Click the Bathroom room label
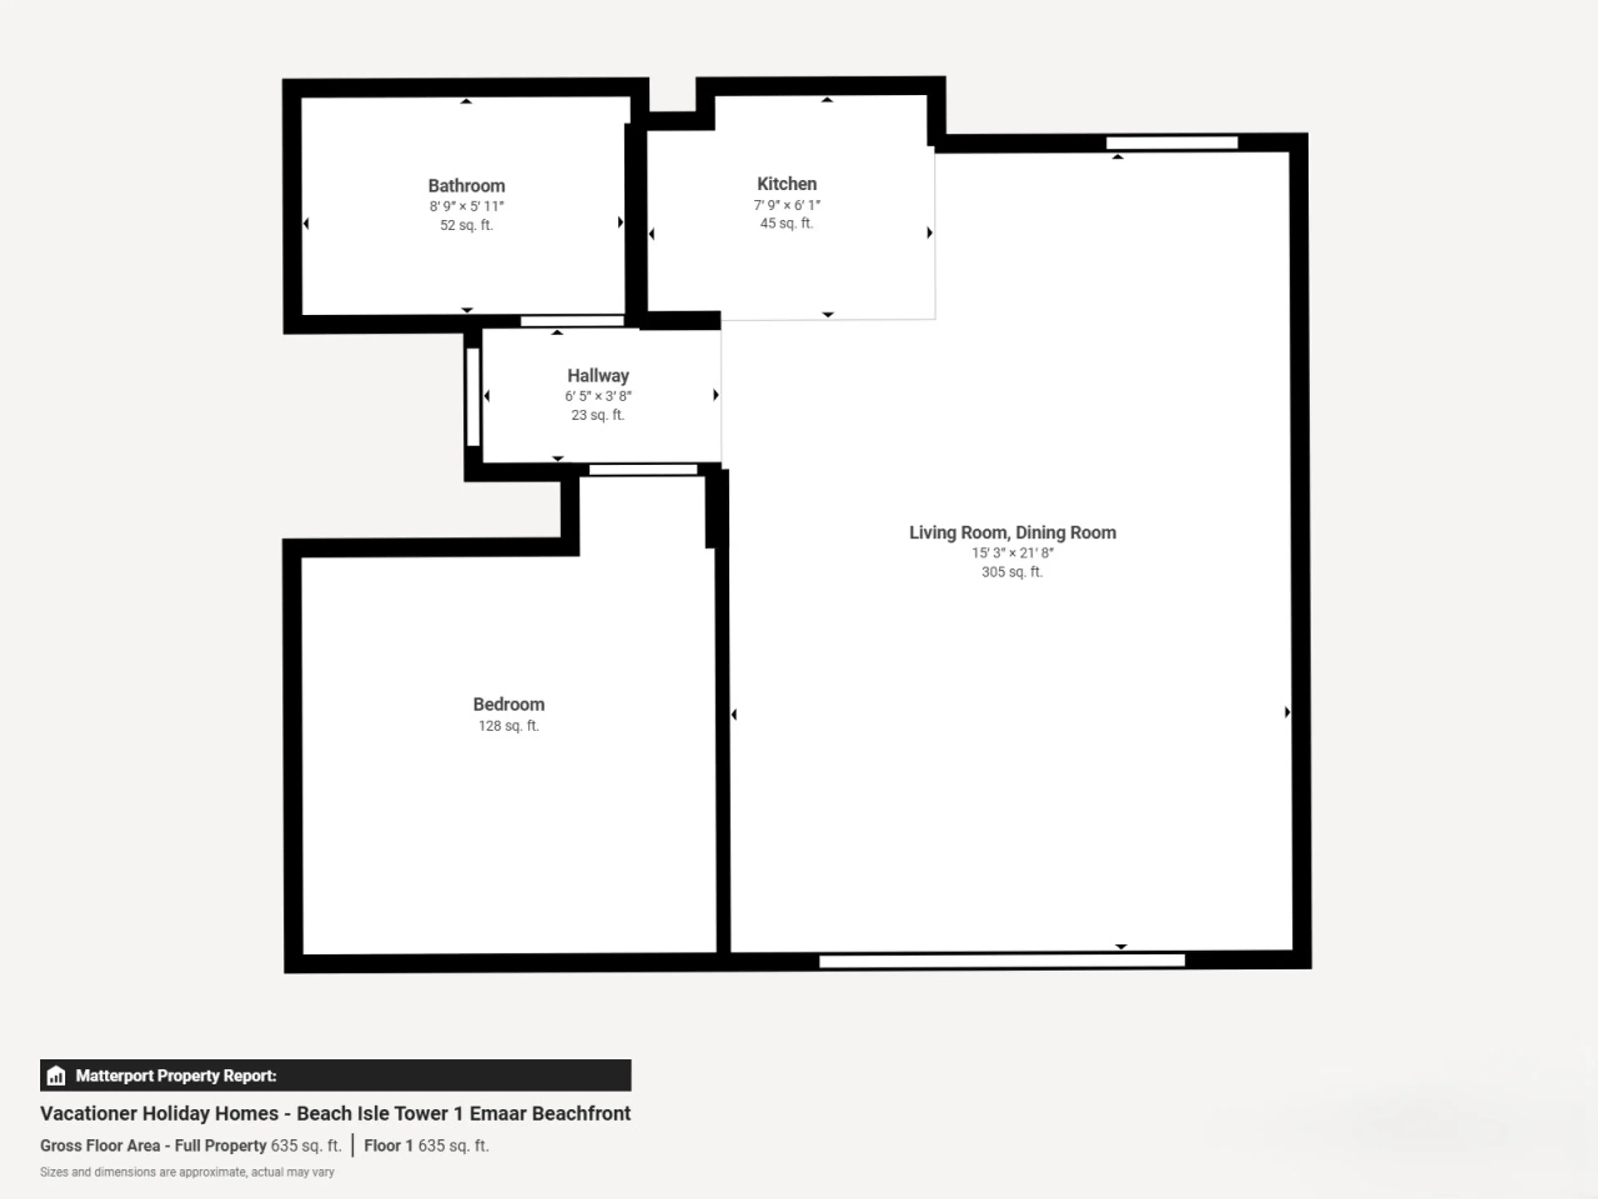(x=466, y=186)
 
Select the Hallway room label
(x=598, y=376)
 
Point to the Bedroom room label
(x=509, y=705)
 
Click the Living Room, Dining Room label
(x=1012, y=532)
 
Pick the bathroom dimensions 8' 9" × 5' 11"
(x=466, y=206)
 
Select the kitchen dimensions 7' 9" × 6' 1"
(x=787, y=205)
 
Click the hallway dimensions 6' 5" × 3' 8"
(x=598, y=396)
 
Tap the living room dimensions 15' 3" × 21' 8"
(x=1012, y=553)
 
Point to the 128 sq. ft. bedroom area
(x=509, y=726)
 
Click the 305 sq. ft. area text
(x=1012, y=572)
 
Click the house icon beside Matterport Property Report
(x=56, y=1075)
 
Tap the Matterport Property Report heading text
(x=176, y=1075)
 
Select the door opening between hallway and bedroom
(x=643, y=470)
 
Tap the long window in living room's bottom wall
(x=1002, y=960)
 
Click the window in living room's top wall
(x=1172, y=142)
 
